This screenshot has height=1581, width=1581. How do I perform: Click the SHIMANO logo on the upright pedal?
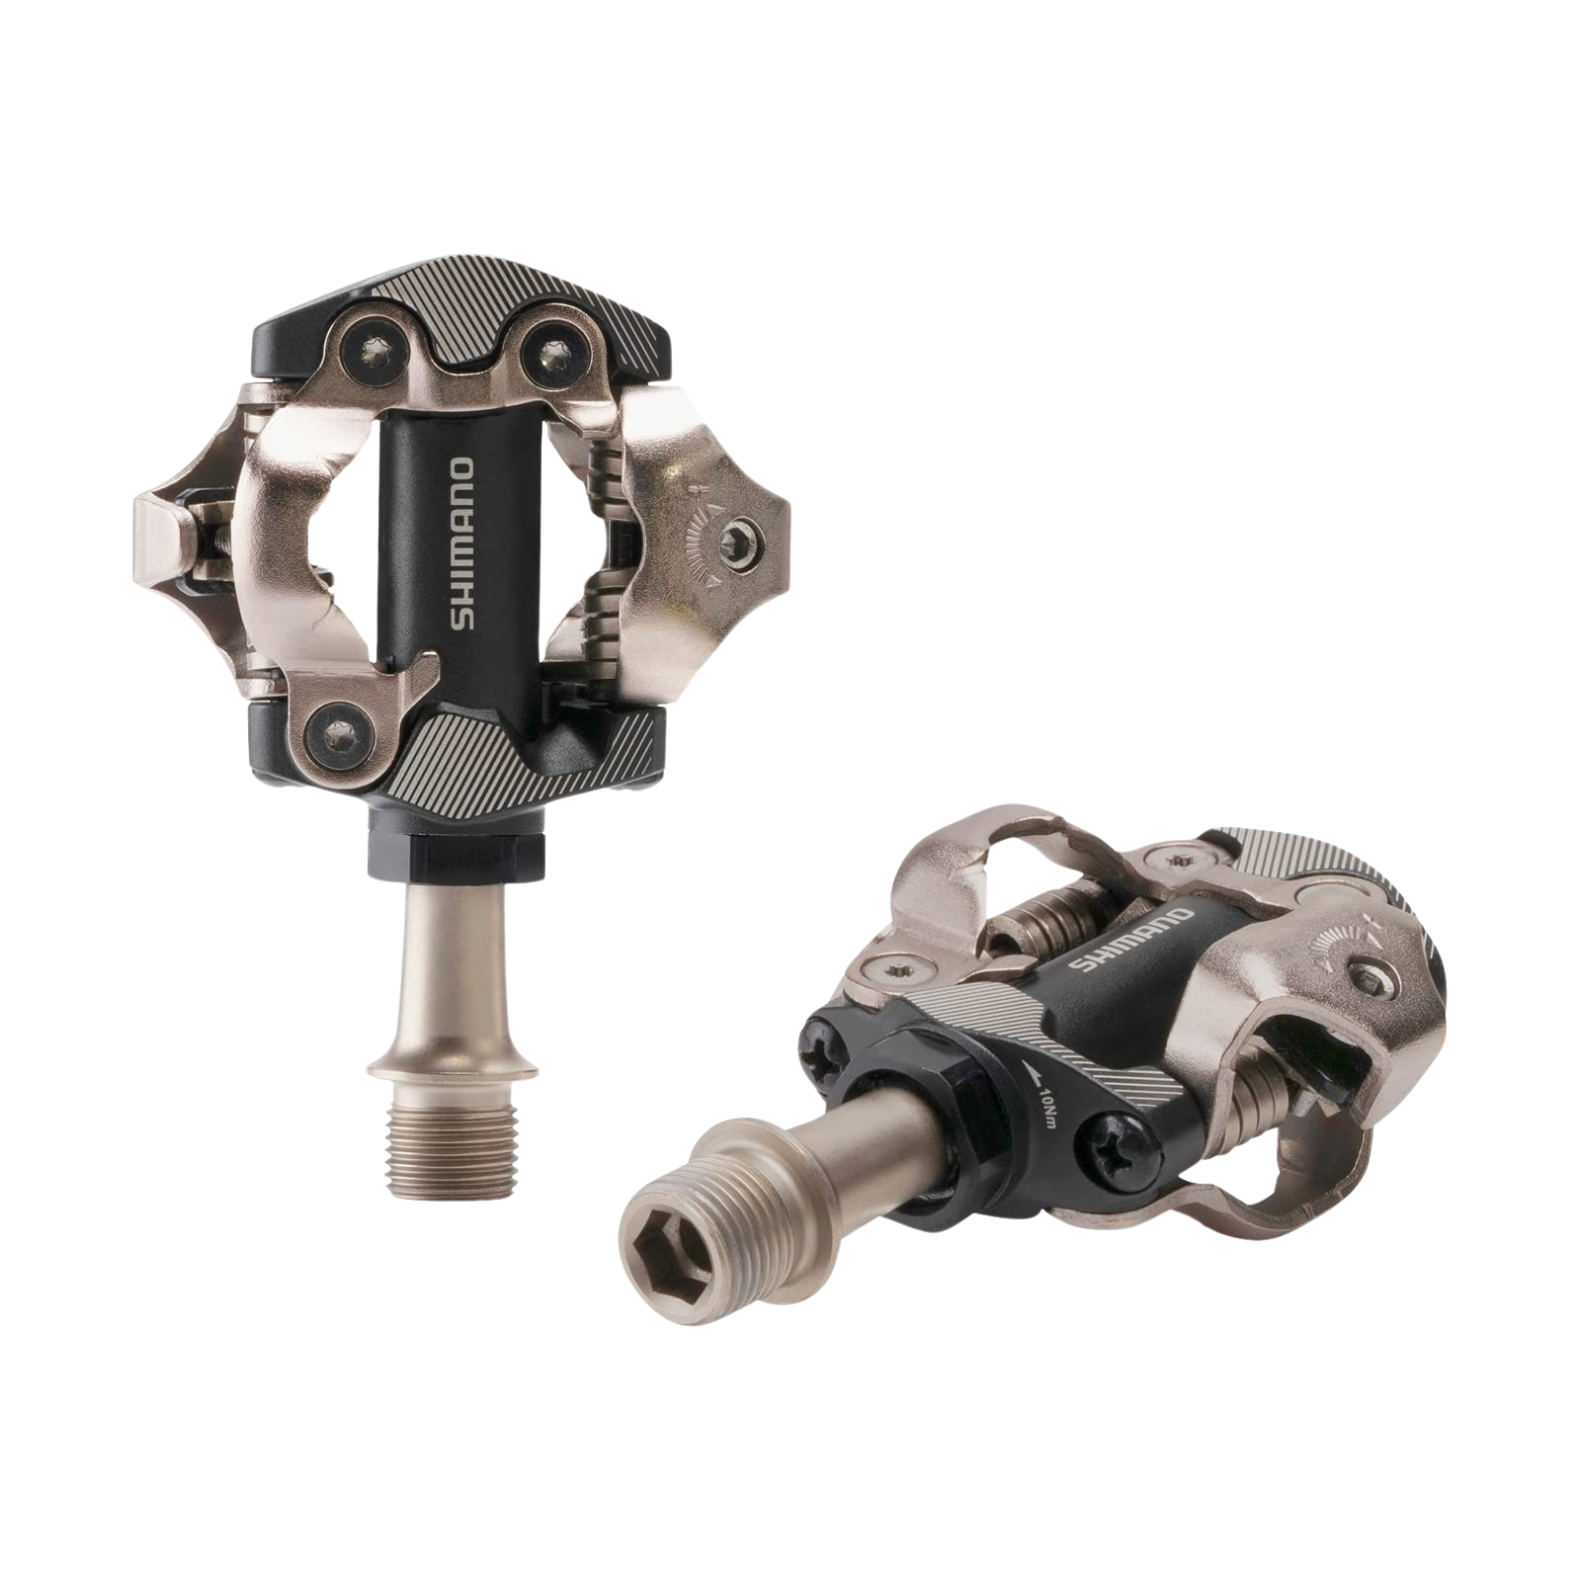click(462, 544)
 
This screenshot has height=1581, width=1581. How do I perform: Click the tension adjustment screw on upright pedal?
click(738, 541)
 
